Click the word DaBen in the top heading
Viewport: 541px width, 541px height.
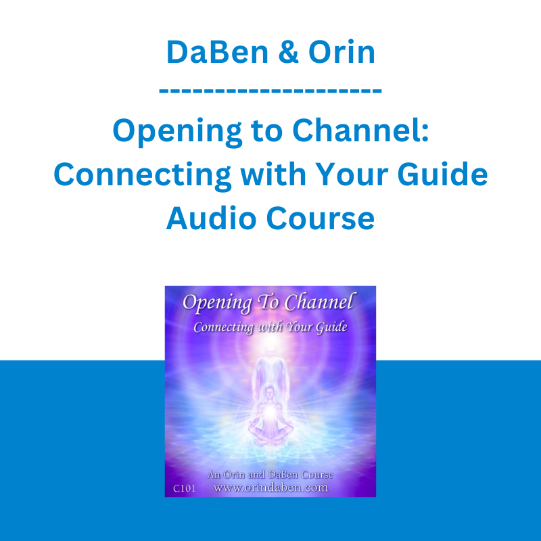(x=217, y=52)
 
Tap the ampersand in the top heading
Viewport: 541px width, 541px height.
(x=288, y=52)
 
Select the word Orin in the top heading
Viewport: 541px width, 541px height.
(x=342, y=52)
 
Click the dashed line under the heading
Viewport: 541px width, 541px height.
(x=270, y=91)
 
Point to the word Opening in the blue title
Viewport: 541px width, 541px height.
(x=177, y=132)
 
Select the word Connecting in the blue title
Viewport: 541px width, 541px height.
(x=142, y=176)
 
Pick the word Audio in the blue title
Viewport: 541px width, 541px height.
(x=211, y=218)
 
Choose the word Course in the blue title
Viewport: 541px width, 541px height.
(x=320, y=218)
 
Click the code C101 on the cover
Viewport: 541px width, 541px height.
(x=184, y=488)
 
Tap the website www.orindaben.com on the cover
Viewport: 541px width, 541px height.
(x=271, y=488)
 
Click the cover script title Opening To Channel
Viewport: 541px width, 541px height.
(x=268, y=302)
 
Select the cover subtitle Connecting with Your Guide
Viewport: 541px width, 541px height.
(x=270, y=327)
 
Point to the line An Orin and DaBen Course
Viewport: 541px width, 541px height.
(x=270, y=475)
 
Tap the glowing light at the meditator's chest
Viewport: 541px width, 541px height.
(x=270, y=412)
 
